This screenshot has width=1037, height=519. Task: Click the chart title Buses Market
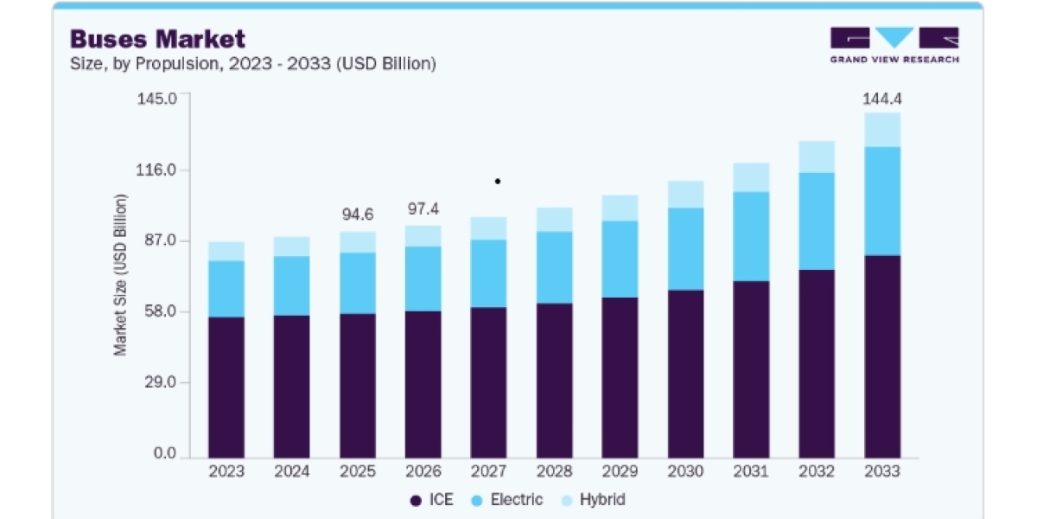(157, 39)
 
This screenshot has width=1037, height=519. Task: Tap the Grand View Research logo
(894, 45)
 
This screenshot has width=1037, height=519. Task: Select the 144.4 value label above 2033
(882, 99)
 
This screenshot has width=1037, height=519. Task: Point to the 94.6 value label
(358, 215)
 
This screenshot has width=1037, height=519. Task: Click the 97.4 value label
(423, 209)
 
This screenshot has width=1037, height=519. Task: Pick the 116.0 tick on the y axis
(156, 170)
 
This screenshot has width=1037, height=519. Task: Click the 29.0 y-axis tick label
(160, 382)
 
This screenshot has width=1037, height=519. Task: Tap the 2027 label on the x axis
(488, 471)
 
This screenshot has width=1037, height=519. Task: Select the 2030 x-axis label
(685, 471)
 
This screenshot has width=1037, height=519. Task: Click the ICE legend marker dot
(416, 501)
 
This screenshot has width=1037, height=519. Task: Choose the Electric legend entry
(506, 500)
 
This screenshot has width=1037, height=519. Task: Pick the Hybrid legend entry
(593, 500)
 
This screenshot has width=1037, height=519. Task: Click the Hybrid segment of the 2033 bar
(882, 130)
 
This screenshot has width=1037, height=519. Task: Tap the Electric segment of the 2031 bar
(751, 236)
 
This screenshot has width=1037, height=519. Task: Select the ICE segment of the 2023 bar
(226, 388)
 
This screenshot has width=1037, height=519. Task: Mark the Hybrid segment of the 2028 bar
(554, 220)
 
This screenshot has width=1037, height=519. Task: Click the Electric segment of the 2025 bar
(358, 283)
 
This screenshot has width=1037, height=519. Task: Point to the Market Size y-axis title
(120, 275)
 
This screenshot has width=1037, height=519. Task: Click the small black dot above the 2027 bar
(498, 181)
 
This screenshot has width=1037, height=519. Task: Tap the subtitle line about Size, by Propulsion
(252, 63)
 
